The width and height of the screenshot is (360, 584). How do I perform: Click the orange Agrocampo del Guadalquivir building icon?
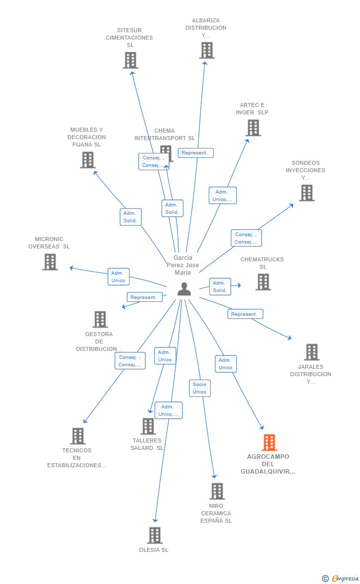tap(269, 442)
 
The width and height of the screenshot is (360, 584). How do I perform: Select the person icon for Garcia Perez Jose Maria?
tap(184, 289)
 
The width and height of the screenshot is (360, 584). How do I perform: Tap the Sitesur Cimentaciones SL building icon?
tap(130, 60)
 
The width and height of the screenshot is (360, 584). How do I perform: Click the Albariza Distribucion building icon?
tap(207, 50)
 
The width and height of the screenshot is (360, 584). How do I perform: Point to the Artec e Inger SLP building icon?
tap(253, 128)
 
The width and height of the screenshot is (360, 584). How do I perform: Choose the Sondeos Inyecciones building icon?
tap(307, 193)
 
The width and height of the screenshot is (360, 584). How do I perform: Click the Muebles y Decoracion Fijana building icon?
tap(88, 160)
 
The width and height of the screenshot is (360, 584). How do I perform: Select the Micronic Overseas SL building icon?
tap(50, 262)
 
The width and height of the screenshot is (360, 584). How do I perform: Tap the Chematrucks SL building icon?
tap(263, 282)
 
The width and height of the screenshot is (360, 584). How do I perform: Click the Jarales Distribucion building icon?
tap(312, 352)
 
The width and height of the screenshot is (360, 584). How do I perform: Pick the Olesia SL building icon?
tap(155, 535)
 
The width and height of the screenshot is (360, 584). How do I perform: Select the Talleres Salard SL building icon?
tap(148, 426)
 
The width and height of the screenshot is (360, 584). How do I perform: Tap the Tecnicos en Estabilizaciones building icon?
tap(78, 436)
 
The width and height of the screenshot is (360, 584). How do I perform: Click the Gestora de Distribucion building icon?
tap(100, 320)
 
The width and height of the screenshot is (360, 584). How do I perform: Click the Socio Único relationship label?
tap(199, 388)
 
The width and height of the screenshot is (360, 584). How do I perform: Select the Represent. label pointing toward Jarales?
tap(245, 314)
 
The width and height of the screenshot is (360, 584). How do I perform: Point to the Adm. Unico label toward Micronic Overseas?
tap(118, 277)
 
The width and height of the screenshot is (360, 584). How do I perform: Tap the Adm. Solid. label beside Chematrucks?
tap(220, 287)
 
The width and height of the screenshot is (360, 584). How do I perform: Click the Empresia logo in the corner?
tap(341, 578)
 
